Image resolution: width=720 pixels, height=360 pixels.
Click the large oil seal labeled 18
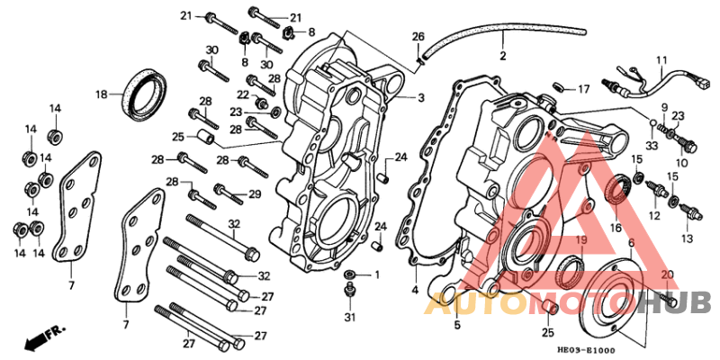pos(144,92)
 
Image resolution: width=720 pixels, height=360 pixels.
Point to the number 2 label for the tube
pos(503,55)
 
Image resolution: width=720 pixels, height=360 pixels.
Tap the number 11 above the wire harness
pos(661,61)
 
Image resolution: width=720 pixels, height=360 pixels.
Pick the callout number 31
pos(350,317)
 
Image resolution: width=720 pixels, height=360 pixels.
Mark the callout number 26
pos(418,36)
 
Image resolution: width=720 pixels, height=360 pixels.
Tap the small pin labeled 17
pos(558,88)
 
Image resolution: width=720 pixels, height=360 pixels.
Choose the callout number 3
pos(420,96)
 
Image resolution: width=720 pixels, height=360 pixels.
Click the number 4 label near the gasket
pos(415,290)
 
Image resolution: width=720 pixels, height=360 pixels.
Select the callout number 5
pos(456,324)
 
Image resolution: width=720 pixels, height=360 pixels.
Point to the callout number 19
pos(580,241)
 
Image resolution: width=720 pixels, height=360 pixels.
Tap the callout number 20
pos(666,274)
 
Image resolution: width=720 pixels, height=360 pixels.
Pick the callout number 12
pos(653,216)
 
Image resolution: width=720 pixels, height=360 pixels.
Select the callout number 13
pos(688,238)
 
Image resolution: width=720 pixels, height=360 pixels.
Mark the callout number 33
pos(651,145)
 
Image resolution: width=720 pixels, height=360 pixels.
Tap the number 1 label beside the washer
pos(377,274)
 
